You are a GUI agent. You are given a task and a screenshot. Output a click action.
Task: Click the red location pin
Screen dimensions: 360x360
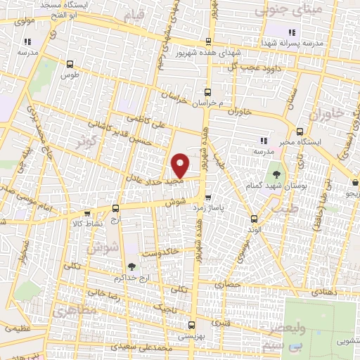coord(181,165)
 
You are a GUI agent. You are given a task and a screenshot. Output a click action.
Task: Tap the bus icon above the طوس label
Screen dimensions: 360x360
coord(69,63)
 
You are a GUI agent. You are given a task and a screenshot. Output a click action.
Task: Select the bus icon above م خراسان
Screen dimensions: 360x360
coord(207,92)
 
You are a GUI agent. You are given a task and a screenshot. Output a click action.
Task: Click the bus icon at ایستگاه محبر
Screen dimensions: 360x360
coord(300,131)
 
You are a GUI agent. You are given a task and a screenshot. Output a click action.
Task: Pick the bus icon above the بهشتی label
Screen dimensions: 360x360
coord(192,325)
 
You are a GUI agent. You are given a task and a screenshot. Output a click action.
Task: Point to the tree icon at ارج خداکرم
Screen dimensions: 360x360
coord(131,265)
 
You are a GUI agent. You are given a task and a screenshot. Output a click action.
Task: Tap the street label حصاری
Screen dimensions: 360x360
coord(232,285)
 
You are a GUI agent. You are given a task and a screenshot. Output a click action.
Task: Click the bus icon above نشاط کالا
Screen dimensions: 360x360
coord(86,214)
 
